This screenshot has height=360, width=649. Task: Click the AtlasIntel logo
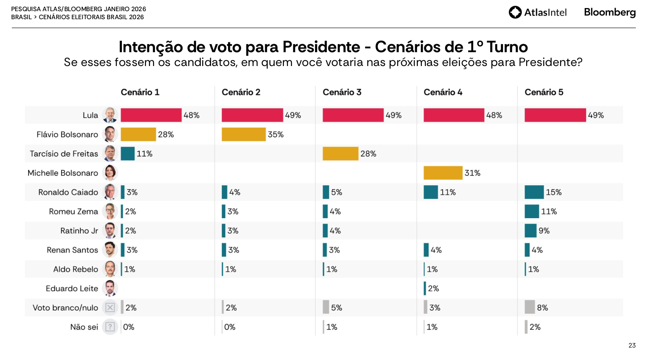pos(537,12)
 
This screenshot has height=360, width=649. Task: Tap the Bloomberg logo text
pos(610,12)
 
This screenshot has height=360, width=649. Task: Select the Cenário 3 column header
pos(342,92)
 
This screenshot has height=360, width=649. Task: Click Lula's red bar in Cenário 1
pos(151,115)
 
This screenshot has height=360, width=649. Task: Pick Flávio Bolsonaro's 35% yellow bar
pos(244,134)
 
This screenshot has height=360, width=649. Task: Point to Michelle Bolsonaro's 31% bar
pos(443,173)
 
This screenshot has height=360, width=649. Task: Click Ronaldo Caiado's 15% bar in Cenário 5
pos(534,192)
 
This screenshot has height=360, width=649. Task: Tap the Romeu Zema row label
pos(73,211)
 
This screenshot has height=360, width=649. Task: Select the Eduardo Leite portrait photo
pos(109,288)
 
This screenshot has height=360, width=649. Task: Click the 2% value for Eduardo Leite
pos(433,289)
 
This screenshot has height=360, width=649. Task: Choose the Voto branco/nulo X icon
pos(110,307)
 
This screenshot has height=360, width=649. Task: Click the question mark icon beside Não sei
pos(110,327)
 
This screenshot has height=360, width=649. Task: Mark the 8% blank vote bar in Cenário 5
pos(530,307)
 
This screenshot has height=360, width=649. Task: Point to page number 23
pos(632,345)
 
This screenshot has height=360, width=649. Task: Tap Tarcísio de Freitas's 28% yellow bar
pos(340,153)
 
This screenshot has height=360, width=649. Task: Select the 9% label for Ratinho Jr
pos(544,231)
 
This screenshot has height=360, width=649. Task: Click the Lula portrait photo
pos(109,115)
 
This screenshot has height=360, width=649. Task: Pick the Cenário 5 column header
pos(544,92)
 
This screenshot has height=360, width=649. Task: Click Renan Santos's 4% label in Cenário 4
pos(436,250)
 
